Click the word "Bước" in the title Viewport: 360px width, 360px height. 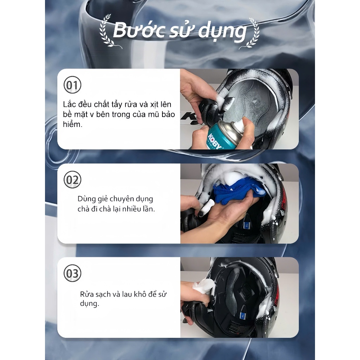[x=139, y=30]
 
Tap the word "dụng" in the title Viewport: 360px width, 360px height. [x=222, y=32]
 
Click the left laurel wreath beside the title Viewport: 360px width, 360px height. [x=108, y=31]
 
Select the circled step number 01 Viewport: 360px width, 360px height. [x=72, y=85]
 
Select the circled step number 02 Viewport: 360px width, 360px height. [x=72, y=180]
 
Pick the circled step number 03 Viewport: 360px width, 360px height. [x=72, y=273]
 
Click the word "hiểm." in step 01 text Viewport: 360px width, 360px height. [x=72, y=124]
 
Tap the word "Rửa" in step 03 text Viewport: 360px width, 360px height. [x=87, y=294]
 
